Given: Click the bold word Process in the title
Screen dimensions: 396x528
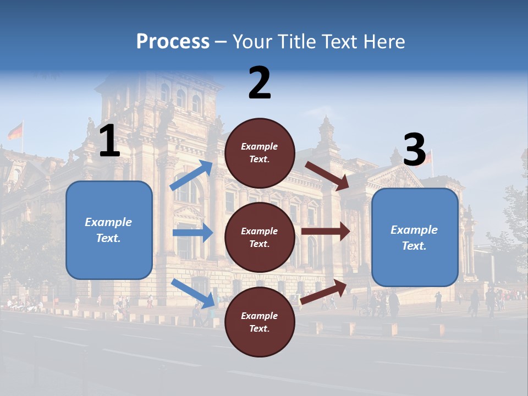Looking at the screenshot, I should [173, 42].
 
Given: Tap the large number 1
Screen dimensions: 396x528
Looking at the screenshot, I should [109, 141].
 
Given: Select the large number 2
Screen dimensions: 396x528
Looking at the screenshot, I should [260, 83].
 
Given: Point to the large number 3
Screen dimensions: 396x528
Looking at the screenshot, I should [414, 150].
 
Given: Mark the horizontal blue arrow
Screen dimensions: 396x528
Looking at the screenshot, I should [193, 233].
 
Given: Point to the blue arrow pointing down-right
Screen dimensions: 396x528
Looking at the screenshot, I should [193, 293].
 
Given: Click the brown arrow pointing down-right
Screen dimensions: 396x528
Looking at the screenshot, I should [327, 176].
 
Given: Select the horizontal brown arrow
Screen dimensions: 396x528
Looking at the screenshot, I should [325, 231].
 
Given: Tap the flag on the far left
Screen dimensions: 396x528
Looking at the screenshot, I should [15, 131].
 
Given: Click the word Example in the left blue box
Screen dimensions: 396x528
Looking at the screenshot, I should [108, 222].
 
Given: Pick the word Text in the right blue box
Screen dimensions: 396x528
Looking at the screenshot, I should [413, 246].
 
